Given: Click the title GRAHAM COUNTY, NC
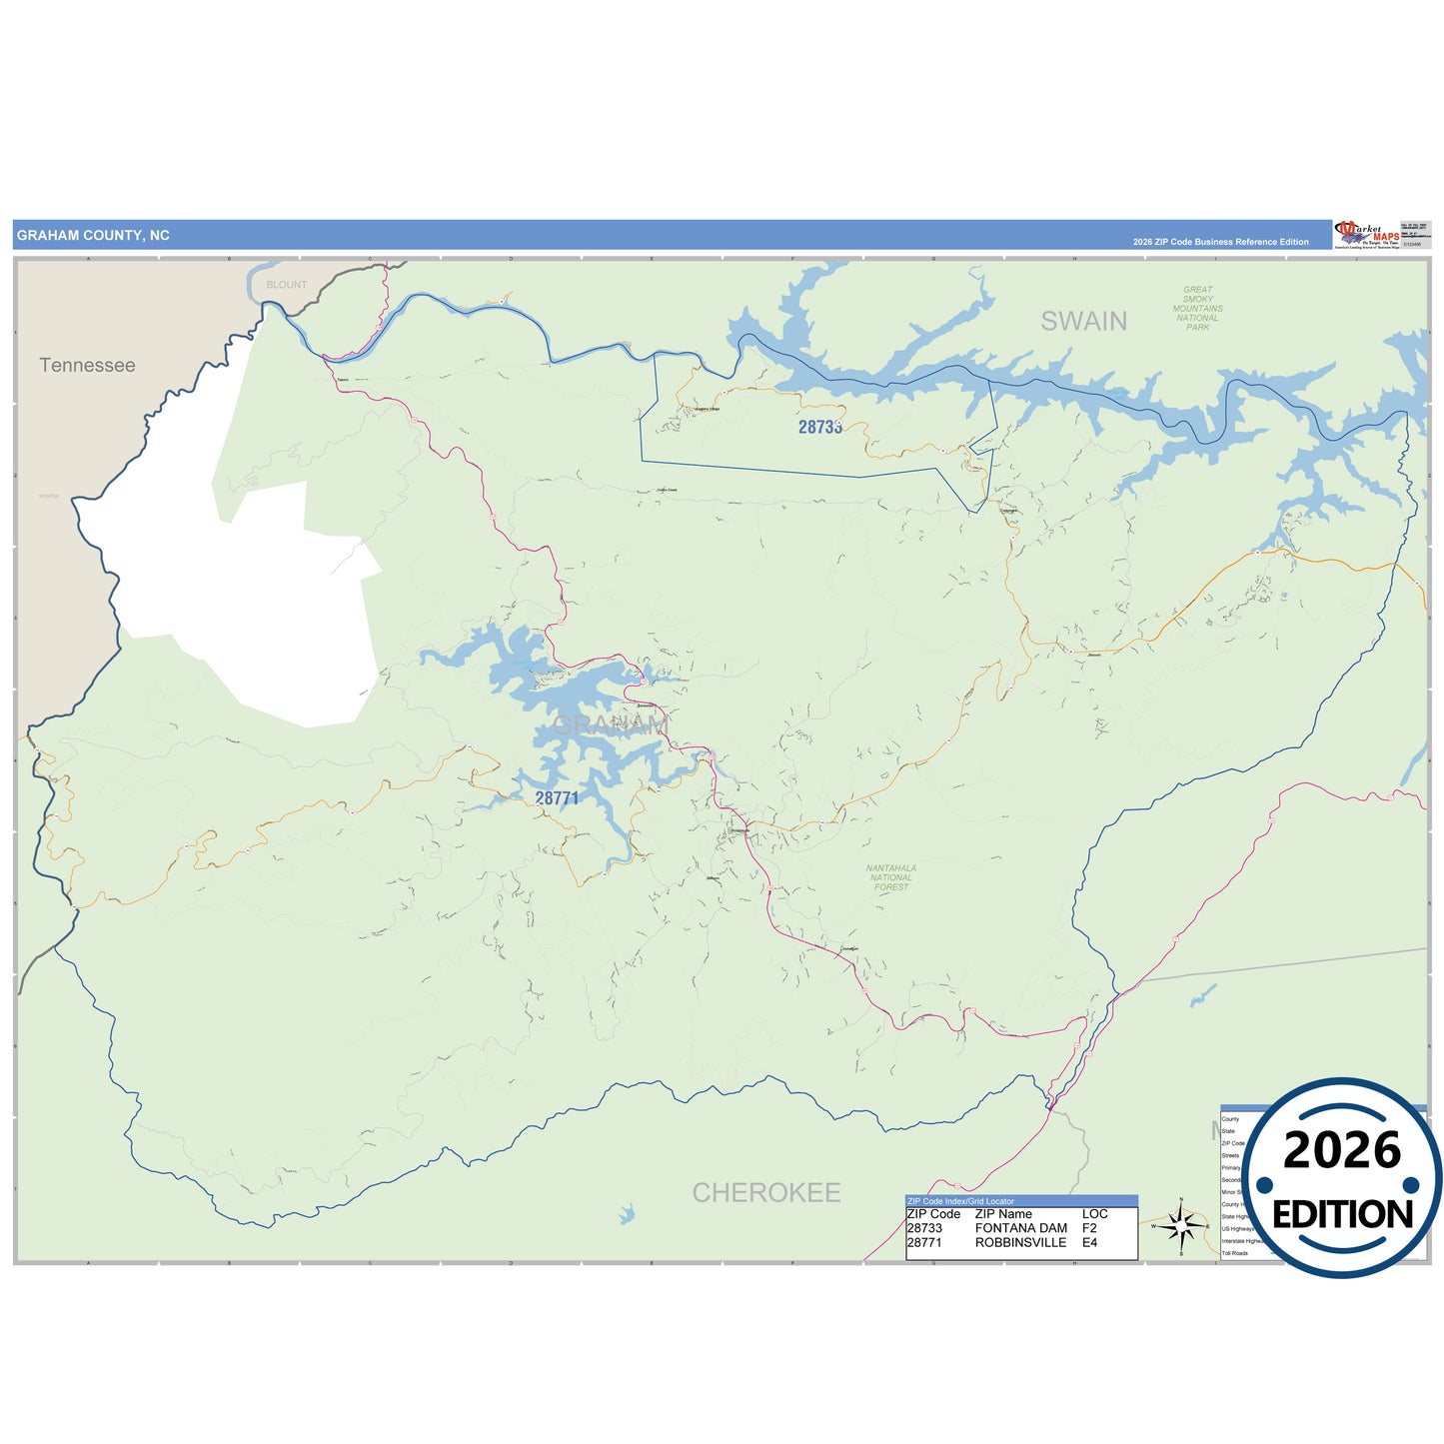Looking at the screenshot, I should point(93,236).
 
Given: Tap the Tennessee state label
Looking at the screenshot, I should point(87,366).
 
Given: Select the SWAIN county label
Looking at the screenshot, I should point(1083,322).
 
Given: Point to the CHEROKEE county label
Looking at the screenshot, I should point(766,1192).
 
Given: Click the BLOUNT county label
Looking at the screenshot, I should point(287,285).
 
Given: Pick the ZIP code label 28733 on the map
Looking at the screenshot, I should point(819,427).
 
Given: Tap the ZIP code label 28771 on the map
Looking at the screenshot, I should point(557,797).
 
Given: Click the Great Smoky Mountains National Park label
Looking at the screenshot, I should point(1197,308).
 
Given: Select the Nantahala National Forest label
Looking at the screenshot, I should point(890,877).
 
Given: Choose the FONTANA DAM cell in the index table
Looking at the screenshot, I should point(1020,1228).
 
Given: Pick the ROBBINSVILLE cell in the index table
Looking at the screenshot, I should point(1020,1242).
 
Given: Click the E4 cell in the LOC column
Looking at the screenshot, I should point(1089,1242).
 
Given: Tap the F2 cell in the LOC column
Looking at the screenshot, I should point(1089,1228).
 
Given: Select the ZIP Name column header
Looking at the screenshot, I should point(1003,1214).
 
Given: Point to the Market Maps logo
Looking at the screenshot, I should point(1366,235).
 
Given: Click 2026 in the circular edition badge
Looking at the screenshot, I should point(1342,1150).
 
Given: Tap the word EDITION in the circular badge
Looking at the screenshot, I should point(1342,1214).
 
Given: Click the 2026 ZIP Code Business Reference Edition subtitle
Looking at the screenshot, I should point(1220,242).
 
